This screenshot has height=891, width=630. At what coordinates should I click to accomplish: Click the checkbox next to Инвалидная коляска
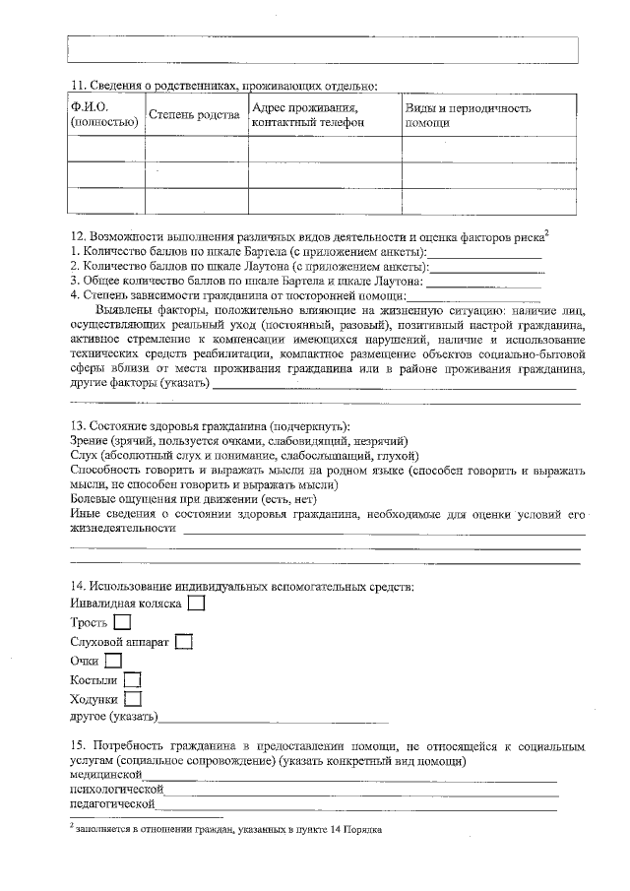tap(196, 603)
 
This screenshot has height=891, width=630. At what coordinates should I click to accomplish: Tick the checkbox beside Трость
tap(122, 622)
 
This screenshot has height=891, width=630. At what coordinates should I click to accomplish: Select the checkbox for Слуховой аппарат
tap(183, 642)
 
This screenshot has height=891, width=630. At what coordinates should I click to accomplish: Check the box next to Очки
tap(113, 661)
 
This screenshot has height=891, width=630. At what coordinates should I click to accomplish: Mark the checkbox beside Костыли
tap(132, 680)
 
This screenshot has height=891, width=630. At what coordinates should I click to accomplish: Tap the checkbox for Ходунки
tap(134, 699)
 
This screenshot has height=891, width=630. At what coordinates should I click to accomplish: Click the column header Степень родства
tap(194, 115)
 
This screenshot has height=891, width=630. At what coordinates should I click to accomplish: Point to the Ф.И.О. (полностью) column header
tap(102, 115)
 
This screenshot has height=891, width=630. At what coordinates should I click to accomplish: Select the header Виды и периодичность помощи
tap(469, 115)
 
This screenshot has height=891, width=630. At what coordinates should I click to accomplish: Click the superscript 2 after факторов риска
tap(546, 232)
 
